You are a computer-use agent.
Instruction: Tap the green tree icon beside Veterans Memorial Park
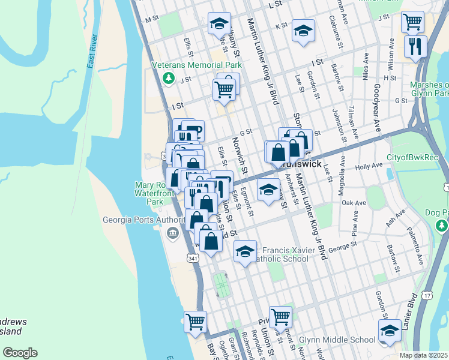point(169,77)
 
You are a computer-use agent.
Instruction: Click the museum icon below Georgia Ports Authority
point(173,232)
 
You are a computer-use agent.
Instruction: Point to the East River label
point(92,55)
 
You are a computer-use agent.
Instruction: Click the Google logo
point(20,353)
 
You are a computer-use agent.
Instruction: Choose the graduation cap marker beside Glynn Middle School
point(390,331)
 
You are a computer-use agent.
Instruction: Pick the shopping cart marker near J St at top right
point(413,22)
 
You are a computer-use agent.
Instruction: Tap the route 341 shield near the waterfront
point(193,258)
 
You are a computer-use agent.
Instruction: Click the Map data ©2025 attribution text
point(424,355)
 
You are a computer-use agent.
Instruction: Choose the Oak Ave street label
point(354,203)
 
